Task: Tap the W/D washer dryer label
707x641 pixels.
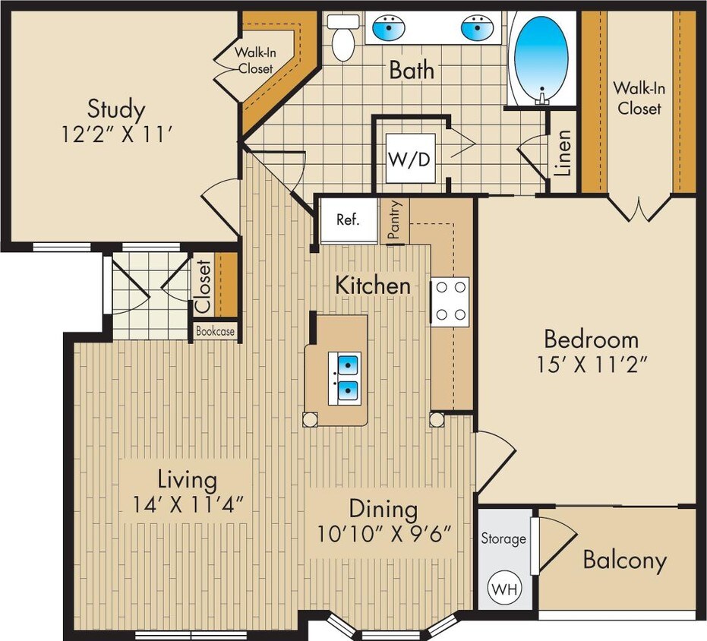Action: tap(410, 159)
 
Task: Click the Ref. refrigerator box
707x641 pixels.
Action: tap(347, 220)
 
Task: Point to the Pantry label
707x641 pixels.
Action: tap(394, 221)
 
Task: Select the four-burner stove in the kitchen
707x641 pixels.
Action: tap(450, 302)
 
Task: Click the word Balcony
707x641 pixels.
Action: tap(624, 560)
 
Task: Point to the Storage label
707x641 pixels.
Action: tap(503, 538)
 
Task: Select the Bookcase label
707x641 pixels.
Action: tap(216, 332)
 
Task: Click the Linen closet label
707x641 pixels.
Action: tap(563, 153)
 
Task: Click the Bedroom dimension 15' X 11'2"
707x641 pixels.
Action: tap(591, 365)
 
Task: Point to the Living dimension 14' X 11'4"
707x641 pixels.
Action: tap(188, 504)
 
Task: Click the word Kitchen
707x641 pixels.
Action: tap(373, 286)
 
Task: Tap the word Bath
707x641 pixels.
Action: tap(412, 70)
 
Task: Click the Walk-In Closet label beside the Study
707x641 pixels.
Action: tap(255, 61)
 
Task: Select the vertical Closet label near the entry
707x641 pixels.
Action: tap(203, 287)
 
